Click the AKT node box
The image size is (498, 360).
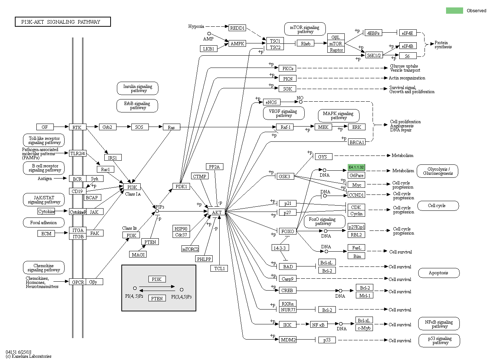[217, 212]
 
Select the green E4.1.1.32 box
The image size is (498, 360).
[356, 167]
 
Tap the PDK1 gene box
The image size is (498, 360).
[181, 186]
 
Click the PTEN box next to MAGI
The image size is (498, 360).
[150, 242]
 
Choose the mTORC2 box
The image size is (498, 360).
[190, 249]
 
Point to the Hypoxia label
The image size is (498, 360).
[196, 26]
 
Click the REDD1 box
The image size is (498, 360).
[237, 28]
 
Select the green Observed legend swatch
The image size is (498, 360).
[454, 10]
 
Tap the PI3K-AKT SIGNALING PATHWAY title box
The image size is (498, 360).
[63, 22]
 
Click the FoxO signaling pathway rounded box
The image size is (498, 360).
[322, 221]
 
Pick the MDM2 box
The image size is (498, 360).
[288, 340]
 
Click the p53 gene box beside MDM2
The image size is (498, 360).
[327, 340]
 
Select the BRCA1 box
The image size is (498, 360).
[357, 142]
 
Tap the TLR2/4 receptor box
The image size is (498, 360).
[78, 153]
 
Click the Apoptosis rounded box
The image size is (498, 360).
[439, 273]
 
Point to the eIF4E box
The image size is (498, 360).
[407, 33]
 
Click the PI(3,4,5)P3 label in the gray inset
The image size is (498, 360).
[181, 297]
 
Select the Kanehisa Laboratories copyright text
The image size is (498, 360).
[29, 356]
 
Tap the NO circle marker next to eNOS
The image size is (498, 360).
[301, 102]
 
